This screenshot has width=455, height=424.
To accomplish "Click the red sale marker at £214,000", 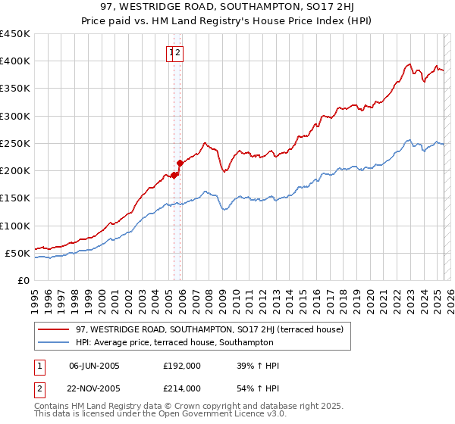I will click(180, 163).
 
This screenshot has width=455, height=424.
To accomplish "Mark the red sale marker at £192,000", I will click(174, 175).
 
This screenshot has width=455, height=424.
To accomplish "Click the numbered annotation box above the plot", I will click(175, 53).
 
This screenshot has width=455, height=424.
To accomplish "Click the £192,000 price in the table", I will click(182, 366).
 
